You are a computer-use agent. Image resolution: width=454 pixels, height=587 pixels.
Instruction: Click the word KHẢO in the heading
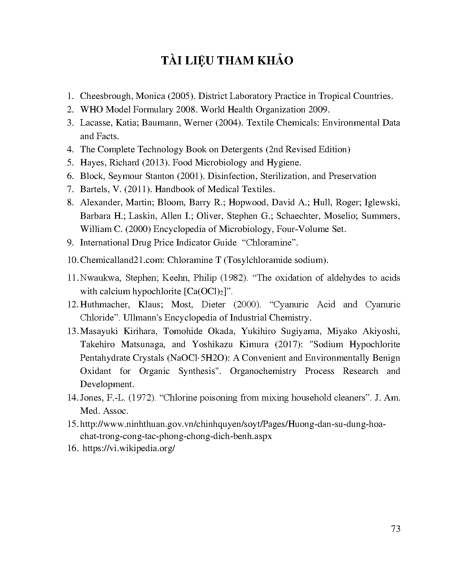(275, 61)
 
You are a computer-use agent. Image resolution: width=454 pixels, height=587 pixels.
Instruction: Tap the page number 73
(396, 529)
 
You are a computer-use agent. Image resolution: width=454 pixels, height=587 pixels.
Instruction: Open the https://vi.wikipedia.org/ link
(129, 449)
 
